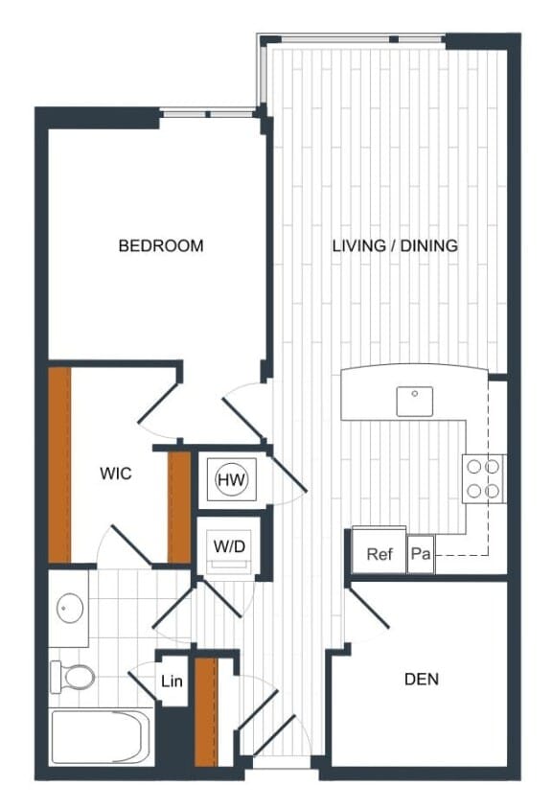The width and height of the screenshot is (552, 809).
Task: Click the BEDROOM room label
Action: [161, 245]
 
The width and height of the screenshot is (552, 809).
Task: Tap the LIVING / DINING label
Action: [395, 245]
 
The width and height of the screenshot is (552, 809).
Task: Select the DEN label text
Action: [422, 679]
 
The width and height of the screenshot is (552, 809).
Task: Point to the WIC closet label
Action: [116, 474]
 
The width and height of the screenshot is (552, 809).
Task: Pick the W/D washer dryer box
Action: [228, 547]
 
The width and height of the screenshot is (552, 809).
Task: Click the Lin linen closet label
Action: [172, 682]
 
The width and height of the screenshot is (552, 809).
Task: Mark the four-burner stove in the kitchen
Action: [484, 478]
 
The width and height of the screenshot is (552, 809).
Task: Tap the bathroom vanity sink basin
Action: [69, 607]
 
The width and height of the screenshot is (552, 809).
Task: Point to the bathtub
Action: [100, 736]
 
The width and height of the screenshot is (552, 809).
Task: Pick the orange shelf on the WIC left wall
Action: [59, 465]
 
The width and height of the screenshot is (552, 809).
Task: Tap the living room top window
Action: [352, 39]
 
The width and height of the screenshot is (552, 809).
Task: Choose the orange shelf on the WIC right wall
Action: [178, 505]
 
